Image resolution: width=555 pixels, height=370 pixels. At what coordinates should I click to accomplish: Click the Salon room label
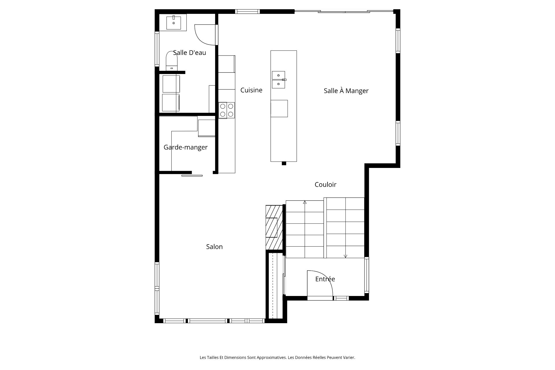click(214, 247)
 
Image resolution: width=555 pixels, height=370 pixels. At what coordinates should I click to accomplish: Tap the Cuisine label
click(251, 90)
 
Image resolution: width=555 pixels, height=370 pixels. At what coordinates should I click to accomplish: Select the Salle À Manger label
click(346, 90)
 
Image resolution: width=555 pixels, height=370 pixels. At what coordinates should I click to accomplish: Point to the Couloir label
click(325, 184)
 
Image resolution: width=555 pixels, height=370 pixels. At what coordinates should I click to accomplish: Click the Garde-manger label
click(186, 147)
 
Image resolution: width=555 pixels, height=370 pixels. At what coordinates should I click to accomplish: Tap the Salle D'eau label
click(189, 53)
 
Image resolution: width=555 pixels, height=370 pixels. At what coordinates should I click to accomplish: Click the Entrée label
click(325, 279)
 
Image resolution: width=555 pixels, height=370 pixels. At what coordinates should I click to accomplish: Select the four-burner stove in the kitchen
click(227, 110)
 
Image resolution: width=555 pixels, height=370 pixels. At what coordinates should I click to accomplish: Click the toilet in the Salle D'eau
click(171, 60)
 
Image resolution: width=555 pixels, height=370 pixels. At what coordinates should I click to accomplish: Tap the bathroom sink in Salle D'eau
click(174, 23)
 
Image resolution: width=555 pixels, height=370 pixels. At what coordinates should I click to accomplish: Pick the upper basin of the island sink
click(278, 75)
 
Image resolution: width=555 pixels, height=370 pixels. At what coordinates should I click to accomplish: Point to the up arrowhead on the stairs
click(305, 202)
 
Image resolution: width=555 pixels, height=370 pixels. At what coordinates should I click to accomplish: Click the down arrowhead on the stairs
click(345, 256)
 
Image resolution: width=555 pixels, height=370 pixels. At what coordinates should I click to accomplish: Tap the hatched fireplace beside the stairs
click(274, 227)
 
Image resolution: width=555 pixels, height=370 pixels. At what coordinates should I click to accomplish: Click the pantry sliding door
click(192, 175)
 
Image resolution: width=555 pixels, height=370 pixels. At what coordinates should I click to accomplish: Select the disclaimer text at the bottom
click(277, 358)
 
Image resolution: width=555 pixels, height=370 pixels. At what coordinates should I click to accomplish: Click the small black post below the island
click(284, 163)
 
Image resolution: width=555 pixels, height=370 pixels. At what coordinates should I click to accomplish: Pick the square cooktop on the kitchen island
click(279, 108)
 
